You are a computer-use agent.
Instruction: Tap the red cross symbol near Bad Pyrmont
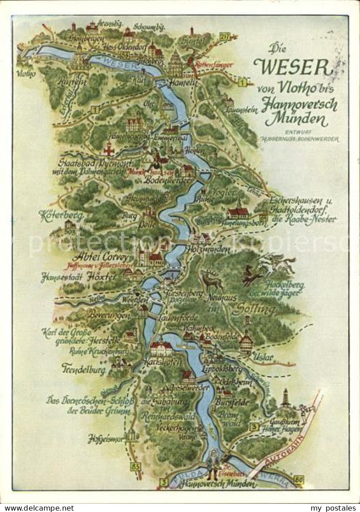109,148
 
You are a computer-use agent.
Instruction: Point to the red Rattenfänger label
214,64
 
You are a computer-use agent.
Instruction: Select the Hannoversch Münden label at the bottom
218,484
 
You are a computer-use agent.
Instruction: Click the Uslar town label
263,357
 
